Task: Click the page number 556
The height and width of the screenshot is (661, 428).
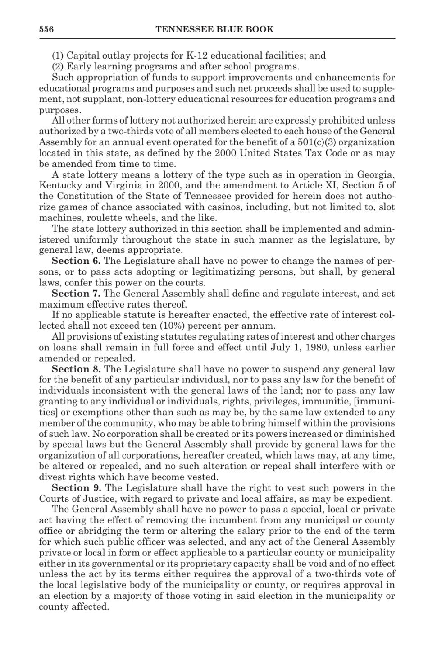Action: [x=46, y=29]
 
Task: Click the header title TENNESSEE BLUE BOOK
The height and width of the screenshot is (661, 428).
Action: [x=214, y=29]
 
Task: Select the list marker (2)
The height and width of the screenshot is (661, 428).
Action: [x=59, y=67]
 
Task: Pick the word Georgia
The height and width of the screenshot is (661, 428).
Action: [x=376, y=174]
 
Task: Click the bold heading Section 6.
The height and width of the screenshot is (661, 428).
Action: [x=76, y=261]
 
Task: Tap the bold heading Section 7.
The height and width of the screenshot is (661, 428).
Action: [x=76, y=294]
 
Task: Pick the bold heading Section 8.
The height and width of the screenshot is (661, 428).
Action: [x=76, y=369]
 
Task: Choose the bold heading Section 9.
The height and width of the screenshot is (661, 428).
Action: [x=76, y=488]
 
